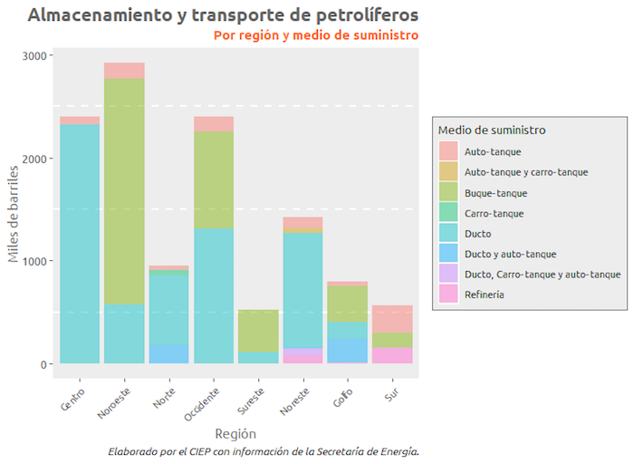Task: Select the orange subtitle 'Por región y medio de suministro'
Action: coord(316,35)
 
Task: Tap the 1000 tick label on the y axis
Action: coord(36,261)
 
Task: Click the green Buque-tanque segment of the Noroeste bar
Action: coord(124,190)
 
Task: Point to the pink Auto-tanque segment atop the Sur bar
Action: coord(392,319)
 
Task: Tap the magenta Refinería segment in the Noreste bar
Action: coord(303,355)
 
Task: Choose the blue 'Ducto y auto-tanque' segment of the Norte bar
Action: coord(168,353)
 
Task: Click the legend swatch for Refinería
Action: coord(448,294)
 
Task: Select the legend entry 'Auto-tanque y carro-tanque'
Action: coord(525,171)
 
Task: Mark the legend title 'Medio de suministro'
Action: coord(492,130)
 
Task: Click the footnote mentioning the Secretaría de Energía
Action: coord(263,450)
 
